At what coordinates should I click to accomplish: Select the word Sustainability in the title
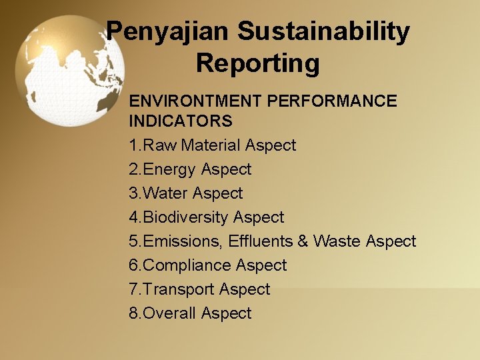pos(323,32)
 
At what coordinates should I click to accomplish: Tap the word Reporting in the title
pos(258,64)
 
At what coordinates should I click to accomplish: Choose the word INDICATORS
pos(181,121)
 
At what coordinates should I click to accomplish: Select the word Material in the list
pos(211,145)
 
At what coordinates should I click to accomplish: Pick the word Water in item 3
pos(166,193)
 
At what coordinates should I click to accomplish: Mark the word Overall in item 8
pos(170,313)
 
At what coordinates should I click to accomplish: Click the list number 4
pos(134,217)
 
